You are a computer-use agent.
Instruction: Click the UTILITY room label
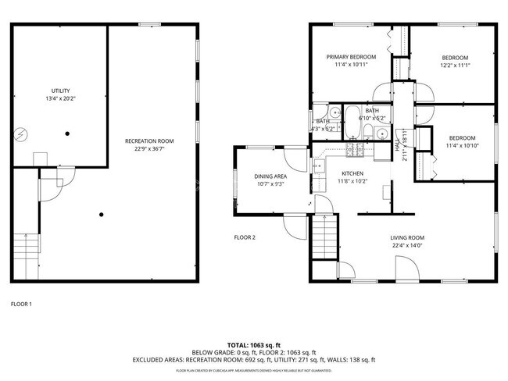click(60, 91)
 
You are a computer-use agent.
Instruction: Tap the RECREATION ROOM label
click(149, 141)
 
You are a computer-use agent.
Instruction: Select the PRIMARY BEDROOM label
click(351, 57)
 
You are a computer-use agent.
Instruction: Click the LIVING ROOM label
click(407, 238)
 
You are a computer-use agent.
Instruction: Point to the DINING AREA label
click(271, 177)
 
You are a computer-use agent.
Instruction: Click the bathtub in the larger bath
click(352, 121)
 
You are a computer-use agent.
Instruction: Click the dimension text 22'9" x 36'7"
click(149, 149)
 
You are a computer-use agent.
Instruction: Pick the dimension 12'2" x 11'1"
click(455, 66)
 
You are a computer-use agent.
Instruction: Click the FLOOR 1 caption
click(21, 304)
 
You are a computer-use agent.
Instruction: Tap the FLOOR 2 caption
click(245, 237)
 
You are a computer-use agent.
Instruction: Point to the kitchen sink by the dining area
click(317, 166)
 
